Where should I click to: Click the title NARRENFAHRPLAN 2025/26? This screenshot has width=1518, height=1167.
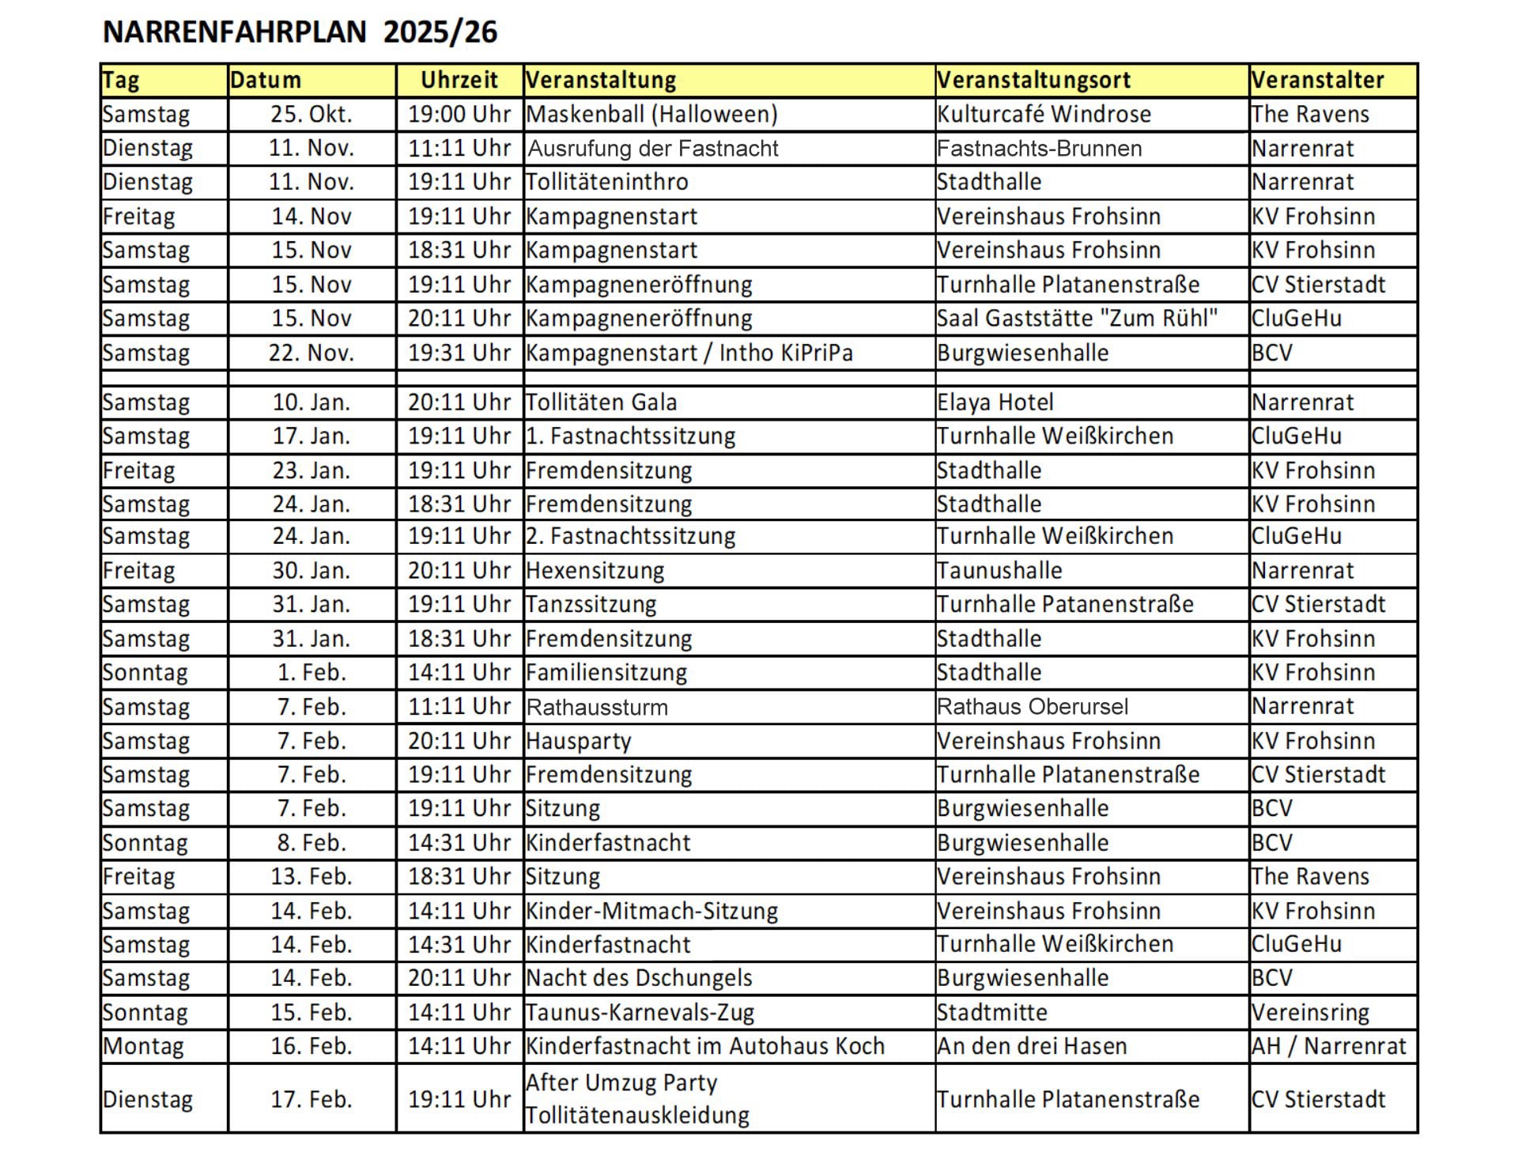[x=300, y=32]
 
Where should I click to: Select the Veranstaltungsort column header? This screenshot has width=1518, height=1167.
[x=1033, y=80]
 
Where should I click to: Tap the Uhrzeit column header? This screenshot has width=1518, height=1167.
[x=459, y=80]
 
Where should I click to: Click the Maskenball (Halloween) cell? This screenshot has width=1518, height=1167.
[x=651, y=115]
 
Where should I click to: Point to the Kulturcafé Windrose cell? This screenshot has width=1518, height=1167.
[x=1044, y=115]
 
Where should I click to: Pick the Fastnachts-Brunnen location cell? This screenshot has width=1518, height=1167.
[x=1039, y=149]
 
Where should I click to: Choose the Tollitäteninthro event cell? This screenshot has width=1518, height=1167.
[x=606, y=182]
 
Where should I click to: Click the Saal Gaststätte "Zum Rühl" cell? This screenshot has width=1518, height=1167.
[x=1077, y=319]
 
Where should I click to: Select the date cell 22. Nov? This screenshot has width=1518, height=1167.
[x=312, y=353]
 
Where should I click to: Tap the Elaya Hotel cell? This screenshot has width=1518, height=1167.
[x=995, y=402]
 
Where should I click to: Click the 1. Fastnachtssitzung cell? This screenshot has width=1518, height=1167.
[x=630, y=436]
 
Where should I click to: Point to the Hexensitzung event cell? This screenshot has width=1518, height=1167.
[x=595, y=571]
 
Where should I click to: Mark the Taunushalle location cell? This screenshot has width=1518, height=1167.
[x=999, y=571]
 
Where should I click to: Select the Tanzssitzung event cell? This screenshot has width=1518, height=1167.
[x=591, y=605]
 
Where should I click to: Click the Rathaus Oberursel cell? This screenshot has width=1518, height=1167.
[x=1033, y=707]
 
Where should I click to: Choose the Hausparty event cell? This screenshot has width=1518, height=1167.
[x=578, y=742]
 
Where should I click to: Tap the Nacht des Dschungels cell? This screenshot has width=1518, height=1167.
[x=639, y=979]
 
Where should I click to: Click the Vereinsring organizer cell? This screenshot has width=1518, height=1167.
[x=1310, y=1013]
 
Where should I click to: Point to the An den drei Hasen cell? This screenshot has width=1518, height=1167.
[x=1032, y=1047]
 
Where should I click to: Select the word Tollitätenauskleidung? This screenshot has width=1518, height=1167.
[x=637, y=1116]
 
